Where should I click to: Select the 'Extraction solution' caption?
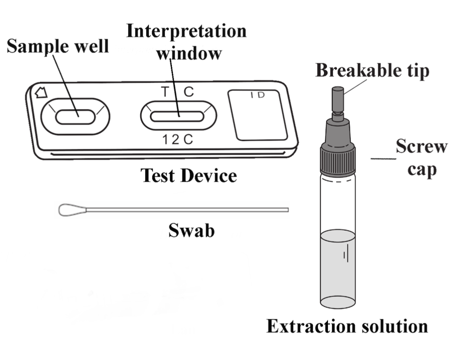coord(347,326)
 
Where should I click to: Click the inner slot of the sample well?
coord(75,116)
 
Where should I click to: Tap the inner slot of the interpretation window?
coord(177,116)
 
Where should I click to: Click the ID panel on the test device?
coord(257,115)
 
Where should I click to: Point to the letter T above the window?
coord(164,91)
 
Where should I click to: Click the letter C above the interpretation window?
coord(189,91)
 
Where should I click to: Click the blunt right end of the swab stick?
coord(286,210)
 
